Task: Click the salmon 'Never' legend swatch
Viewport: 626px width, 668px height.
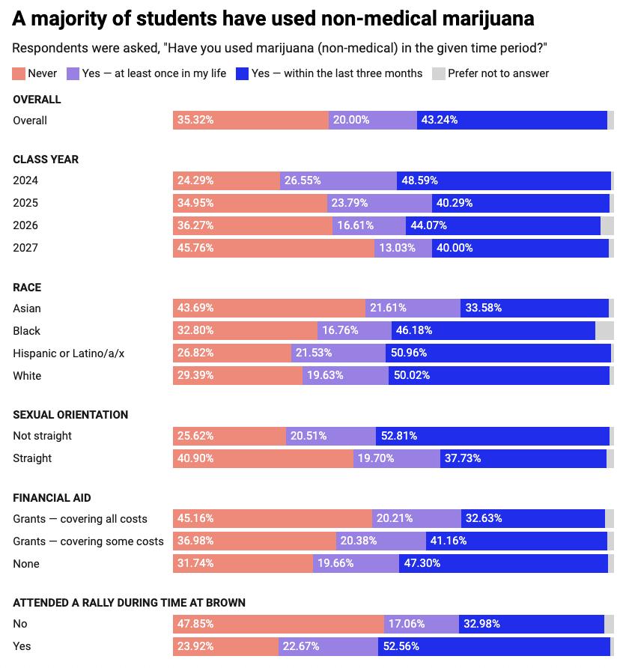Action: coord(19,73)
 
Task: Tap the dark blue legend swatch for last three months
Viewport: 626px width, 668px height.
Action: coord(242,73)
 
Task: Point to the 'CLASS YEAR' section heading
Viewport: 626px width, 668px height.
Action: coord(46,160)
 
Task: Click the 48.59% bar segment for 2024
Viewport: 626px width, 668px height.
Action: coord(503,180)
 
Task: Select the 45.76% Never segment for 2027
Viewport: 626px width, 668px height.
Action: coord(273,248)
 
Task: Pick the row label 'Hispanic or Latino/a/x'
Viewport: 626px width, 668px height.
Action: coord(69,353)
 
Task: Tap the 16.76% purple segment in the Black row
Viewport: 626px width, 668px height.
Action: coord(354,331)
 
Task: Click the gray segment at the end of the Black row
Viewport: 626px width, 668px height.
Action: coord(604,331)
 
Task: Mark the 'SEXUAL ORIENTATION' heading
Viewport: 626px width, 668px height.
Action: coord(70,415)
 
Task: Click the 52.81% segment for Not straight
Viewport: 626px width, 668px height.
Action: coord(492,436)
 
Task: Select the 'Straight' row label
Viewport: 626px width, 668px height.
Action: coord(32,458)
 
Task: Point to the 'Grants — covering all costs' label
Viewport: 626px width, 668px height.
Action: coord(80,519)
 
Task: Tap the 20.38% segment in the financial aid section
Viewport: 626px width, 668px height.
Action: coord(381,541)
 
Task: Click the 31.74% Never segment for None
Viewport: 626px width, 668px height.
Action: coord(243,563)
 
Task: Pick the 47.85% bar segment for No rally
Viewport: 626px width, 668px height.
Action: coord(278,624)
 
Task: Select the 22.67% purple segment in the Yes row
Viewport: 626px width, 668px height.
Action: coord(328,646)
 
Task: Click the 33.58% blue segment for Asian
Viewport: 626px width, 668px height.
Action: coord(534,309)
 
